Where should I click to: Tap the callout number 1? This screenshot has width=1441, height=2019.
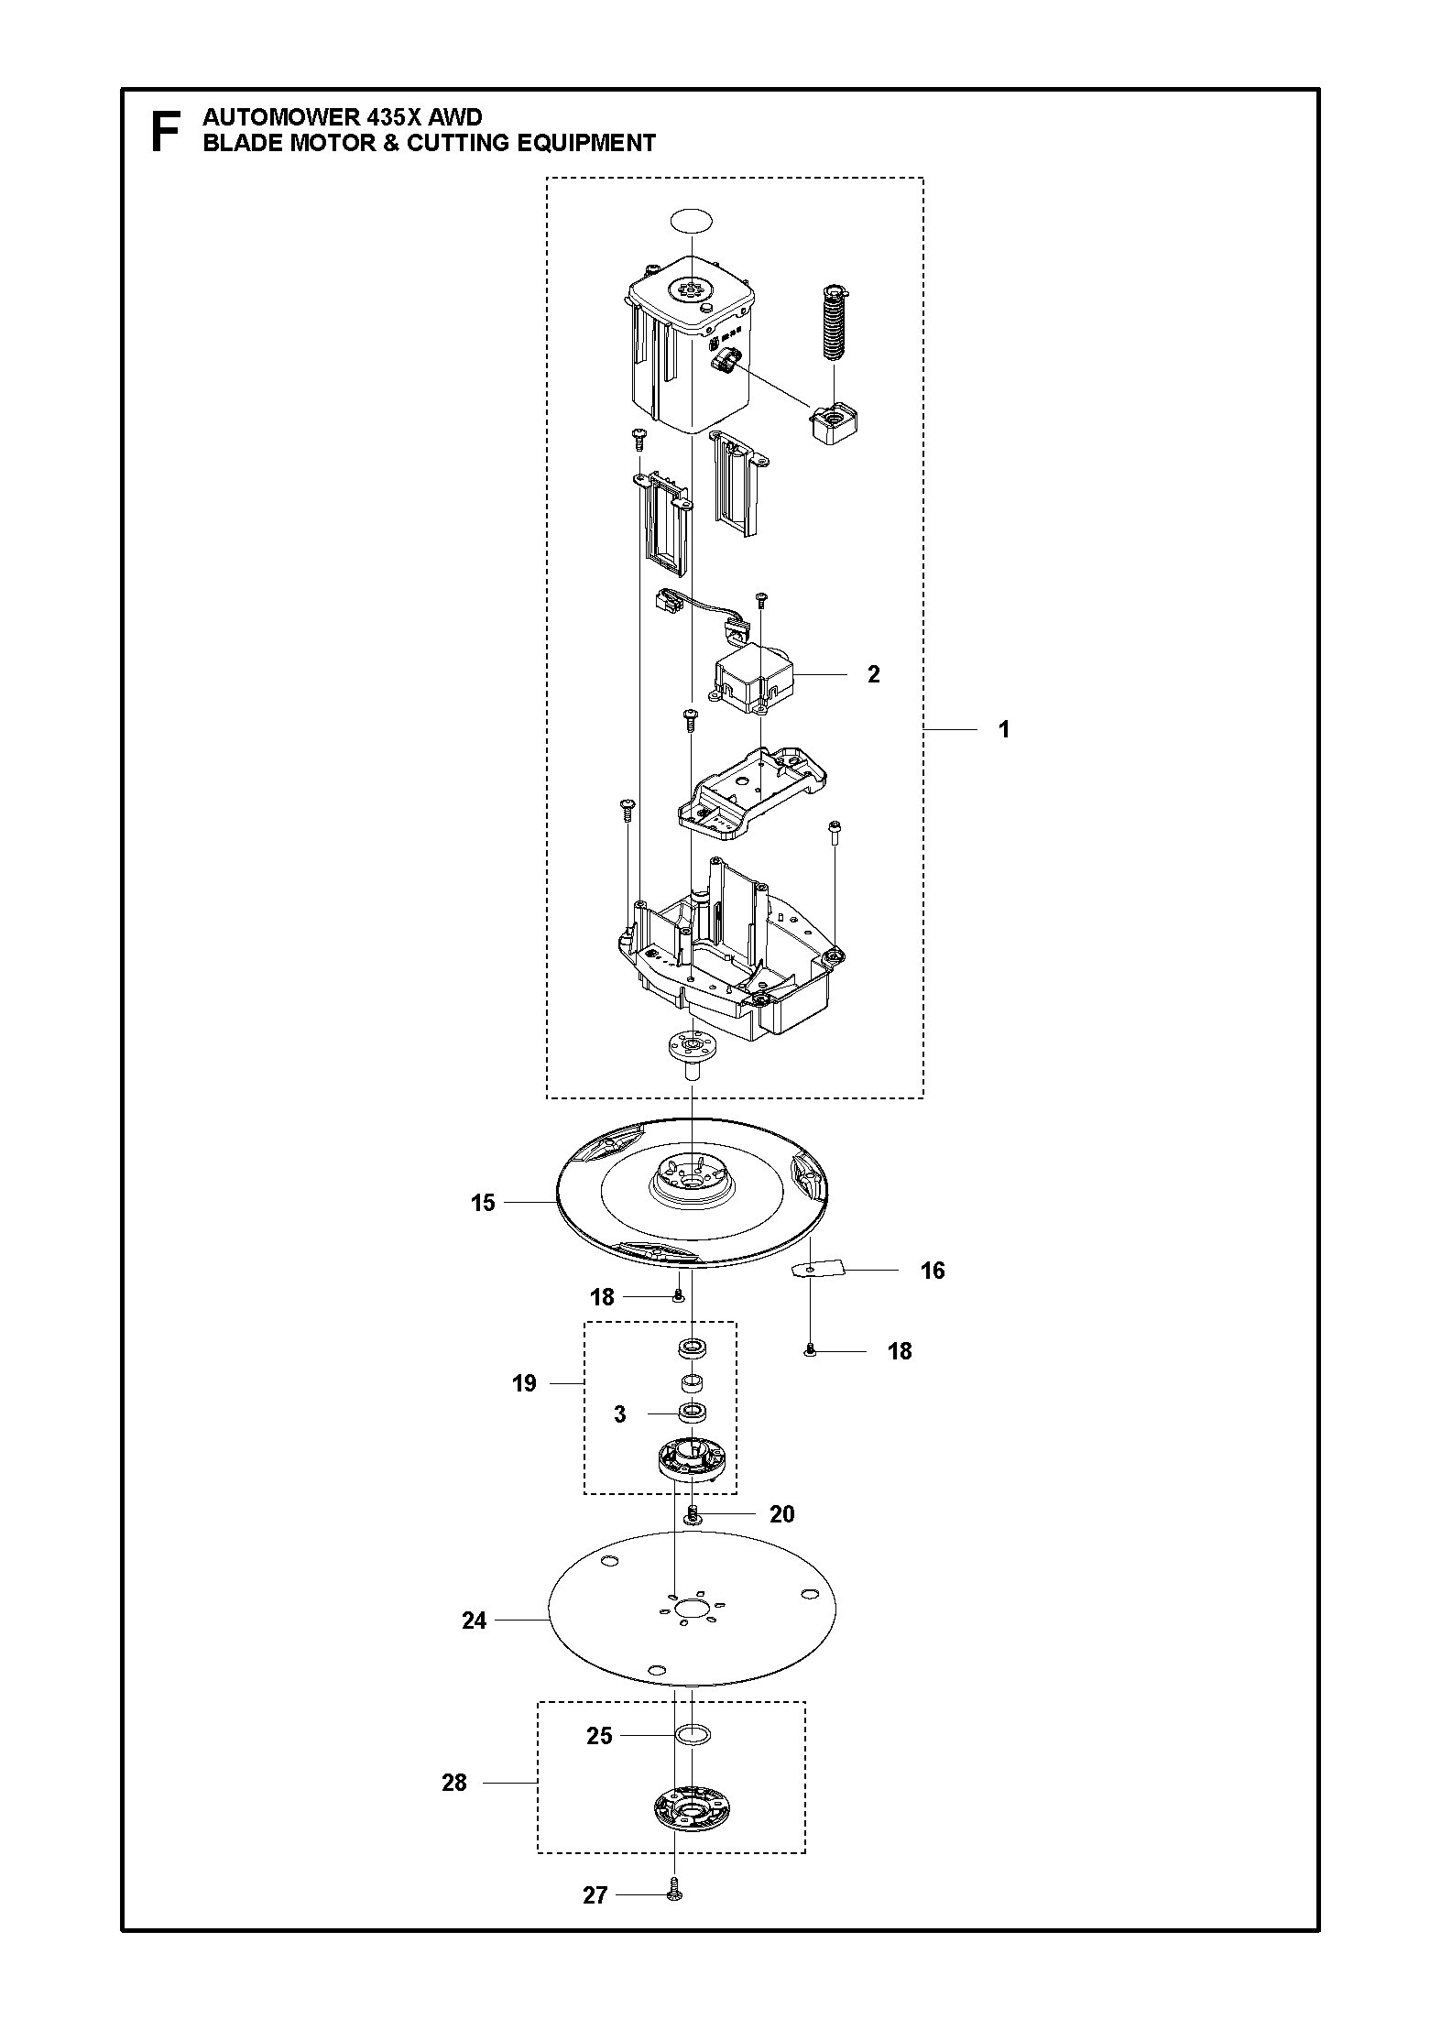pos(1004,756)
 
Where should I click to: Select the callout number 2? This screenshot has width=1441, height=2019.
pos(873,674)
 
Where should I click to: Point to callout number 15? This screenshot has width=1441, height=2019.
pos(483,1203)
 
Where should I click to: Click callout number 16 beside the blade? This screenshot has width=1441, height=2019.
pos(933,1271)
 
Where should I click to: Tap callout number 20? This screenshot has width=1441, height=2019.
pos(781,1514)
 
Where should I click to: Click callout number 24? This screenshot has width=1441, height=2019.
pos(474,1621)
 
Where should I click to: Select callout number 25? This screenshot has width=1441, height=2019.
pos(599,1736)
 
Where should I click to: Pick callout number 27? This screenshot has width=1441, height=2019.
pos(595,1895)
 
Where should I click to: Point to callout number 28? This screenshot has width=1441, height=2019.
pos(454,1783)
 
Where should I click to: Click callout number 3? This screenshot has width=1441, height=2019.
pos(620,1414)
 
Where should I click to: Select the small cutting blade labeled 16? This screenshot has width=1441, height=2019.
pos(812,1270)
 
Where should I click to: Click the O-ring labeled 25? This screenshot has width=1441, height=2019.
pos(692,1735)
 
